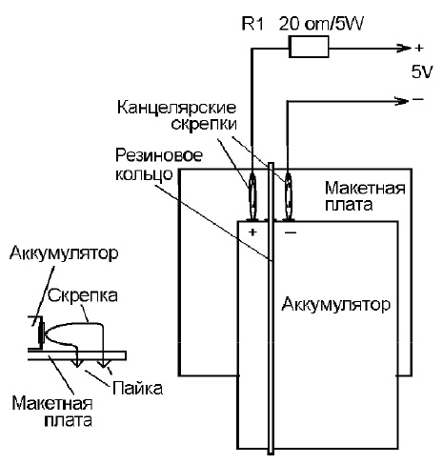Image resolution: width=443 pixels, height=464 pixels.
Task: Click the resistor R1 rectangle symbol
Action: pos(309,47)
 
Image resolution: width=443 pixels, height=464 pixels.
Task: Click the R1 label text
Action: pos(252,23)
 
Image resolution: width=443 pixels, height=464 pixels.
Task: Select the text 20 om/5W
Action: pos(321,23)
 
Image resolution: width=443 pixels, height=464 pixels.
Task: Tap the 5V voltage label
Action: pos(422,72)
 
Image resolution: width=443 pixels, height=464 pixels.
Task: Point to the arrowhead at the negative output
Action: pos(402,101)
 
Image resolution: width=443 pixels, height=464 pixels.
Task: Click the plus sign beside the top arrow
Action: pos(419,48)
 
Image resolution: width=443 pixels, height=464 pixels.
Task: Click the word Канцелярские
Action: pos(176,108)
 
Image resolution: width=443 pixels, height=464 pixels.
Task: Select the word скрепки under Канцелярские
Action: pos(204,124)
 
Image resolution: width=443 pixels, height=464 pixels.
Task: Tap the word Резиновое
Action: pos(159,156)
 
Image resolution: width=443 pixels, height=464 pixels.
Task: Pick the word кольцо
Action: pos(144,173)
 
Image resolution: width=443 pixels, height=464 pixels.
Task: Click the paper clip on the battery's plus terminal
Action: pos(252,197)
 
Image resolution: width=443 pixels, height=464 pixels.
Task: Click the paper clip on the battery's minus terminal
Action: pos(288,197)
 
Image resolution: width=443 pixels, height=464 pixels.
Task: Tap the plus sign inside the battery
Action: pos(252,232)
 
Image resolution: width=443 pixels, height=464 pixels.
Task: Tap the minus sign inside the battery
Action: pos(291,232)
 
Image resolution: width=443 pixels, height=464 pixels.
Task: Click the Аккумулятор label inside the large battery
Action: pos(336,304)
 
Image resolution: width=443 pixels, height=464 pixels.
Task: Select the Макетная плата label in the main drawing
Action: pos(365,196)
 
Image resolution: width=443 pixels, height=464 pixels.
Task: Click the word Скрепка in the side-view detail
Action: pos(83,295)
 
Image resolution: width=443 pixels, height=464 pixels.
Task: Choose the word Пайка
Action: pos(138,388)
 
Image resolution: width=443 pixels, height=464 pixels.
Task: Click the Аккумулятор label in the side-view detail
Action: pos(64,253)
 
